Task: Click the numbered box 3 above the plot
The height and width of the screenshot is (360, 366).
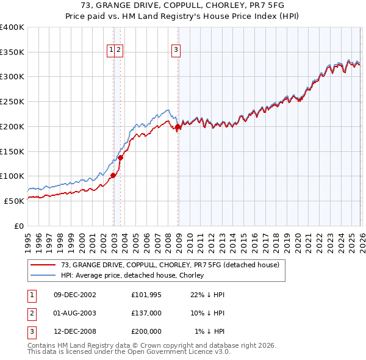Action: tap(176, 51)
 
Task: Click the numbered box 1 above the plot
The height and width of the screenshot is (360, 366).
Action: tap(112, 51)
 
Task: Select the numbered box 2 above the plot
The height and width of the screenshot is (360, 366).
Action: tap(119, 51)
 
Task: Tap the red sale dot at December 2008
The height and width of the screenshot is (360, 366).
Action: tap(178, 127)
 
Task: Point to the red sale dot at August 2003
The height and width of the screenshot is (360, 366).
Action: tap(120, 157)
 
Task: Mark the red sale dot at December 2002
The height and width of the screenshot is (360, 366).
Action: tap(113, 175)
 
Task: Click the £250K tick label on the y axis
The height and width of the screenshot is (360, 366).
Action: tap(12, 102)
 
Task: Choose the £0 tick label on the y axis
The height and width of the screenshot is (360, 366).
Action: tap(18, 226)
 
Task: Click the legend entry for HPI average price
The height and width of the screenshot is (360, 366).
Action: tap(132, 275)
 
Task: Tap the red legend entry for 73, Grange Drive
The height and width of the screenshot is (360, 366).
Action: tap(170, 265)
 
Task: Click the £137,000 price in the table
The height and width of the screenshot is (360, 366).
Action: tap(146, 312)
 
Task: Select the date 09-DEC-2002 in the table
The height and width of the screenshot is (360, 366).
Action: tap(75, 294)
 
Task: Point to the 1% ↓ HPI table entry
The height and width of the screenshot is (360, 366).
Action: tap(209, 331)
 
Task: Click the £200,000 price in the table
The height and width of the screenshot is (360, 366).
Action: tap(146, 331)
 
